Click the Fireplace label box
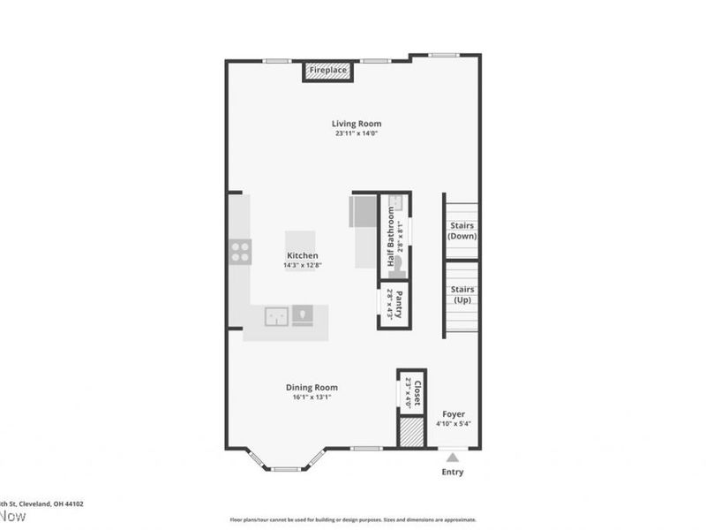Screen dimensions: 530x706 pos(327,70)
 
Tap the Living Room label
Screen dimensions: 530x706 pos(357,124)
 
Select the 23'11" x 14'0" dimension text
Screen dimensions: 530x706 pos(357,134)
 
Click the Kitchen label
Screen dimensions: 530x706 pos(301,255)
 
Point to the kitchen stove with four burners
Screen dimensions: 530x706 pos(240,252)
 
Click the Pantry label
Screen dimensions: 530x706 pos(399,305)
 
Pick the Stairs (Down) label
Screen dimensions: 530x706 pos(462,231)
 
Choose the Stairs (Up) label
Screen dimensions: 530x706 pos(462,295)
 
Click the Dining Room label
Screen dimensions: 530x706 pos(312,387)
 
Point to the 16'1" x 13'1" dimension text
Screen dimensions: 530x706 pos(312,397)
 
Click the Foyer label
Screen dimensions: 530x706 pos(454,413)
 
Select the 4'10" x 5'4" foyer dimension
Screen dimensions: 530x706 pos(454,424)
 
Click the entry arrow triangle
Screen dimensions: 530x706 pos(453,457)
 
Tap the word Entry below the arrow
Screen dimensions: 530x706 pos(453,472)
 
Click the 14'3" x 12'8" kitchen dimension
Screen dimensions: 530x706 pos(301,265)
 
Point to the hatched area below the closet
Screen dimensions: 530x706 pos(411,432)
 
